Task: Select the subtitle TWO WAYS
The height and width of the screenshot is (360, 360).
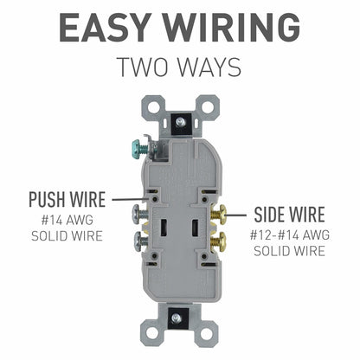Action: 179,67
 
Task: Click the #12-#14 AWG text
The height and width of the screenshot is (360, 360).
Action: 289,235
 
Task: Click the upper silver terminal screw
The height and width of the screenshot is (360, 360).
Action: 139,210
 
